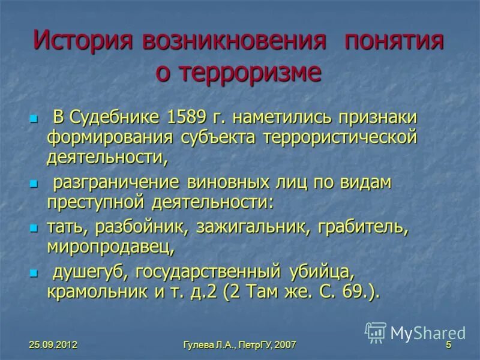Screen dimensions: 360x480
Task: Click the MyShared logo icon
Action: tap(376, 332)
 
